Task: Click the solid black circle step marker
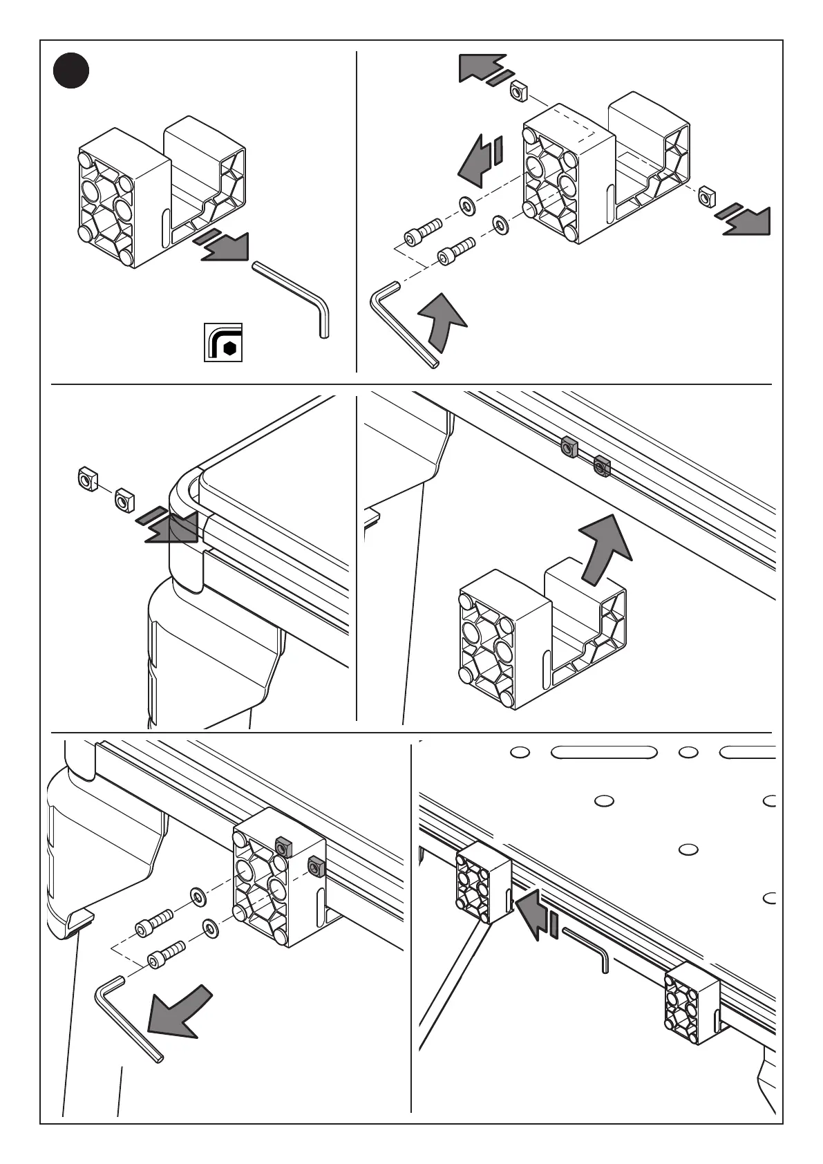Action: pos(72,71)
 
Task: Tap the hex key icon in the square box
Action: pos(223,341)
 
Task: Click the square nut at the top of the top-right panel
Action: pos(519,91)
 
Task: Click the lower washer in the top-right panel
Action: pos(500,224)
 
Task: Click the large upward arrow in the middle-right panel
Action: pos(603,550)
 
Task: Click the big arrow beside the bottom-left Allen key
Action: pos(178,1010)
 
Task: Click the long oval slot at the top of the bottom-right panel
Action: pos(603,752)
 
